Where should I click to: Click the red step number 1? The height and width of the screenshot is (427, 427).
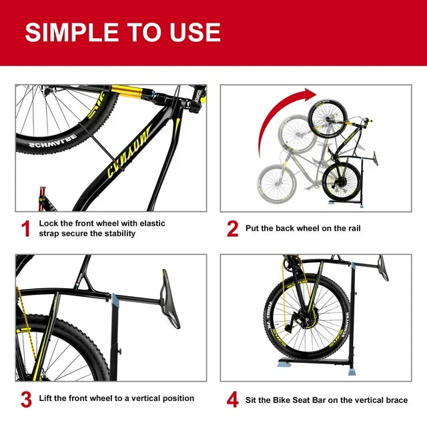pyautogui.click(x=26, y=229)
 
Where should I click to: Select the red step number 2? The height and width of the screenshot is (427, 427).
pyautogui.click(x=232, y=229)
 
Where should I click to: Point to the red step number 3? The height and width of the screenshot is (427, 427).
pyautogui.click(x=26, y=399)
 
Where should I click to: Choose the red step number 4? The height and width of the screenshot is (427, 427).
pyautogui.click(x=232, y=399)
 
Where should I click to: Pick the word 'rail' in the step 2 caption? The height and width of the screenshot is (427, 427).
pyautogui.click(x=351, y=229)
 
